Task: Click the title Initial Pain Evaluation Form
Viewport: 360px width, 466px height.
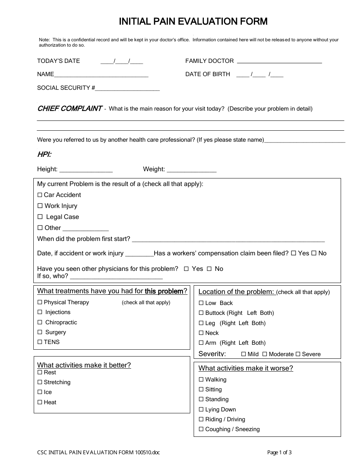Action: (x=193, y=22)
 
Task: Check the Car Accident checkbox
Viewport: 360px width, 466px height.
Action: (x=40, y=195)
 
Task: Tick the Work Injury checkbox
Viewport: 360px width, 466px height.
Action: (x=40, y=206)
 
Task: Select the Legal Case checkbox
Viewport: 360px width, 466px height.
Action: (x=40, y=217)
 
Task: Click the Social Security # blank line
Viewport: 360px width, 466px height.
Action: (x=127, y=89)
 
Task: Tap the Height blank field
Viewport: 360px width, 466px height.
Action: (x=86, y=170)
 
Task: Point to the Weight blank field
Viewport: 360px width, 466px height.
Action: (x=191, y=170)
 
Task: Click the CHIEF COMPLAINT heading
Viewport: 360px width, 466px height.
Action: (x=69, y=109)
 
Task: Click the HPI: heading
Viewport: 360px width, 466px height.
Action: (x=44, y=154)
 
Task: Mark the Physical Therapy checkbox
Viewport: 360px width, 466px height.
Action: (x=40, y=302)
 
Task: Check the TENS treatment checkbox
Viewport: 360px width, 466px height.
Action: (x=40, y=342)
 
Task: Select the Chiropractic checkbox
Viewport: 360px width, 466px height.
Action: (x=40, y=322)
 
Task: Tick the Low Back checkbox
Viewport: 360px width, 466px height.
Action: (x=201, y=303)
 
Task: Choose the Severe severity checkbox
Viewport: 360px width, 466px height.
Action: (x=298, y=354)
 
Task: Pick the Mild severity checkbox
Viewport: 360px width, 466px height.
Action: (x=244, y=354)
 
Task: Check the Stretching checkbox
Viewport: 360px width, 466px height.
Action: (x=40, y=382)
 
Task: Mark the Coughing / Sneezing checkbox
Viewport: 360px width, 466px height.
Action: (x=201, y=429)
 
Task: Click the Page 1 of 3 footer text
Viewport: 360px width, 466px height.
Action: (x=279, y=452)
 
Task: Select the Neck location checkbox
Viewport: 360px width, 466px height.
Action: (x=201, y=333)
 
